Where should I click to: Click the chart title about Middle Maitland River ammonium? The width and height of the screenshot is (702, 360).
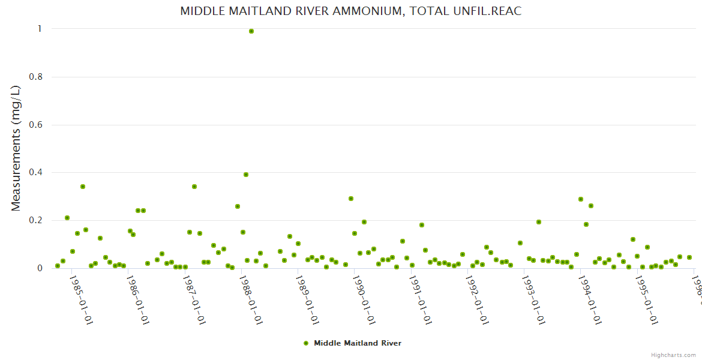(x=350, y=11)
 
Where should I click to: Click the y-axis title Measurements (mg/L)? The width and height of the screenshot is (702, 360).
(x=16, y=148)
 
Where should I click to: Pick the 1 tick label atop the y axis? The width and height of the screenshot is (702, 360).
(x=39, y=29)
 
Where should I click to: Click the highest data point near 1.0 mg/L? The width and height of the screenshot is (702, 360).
(x=251, y=31)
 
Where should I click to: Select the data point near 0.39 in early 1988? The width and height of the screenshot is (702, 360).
(x=246, y=175)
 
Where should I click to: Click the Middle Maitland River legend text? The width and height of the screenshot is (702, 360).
(x=358, y=343)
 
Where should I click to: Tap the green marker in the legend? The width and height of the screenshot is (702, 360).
(x=306, y=343)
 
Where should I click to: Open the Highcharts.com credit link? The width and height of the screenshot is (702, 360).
(x=674, y=355)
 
